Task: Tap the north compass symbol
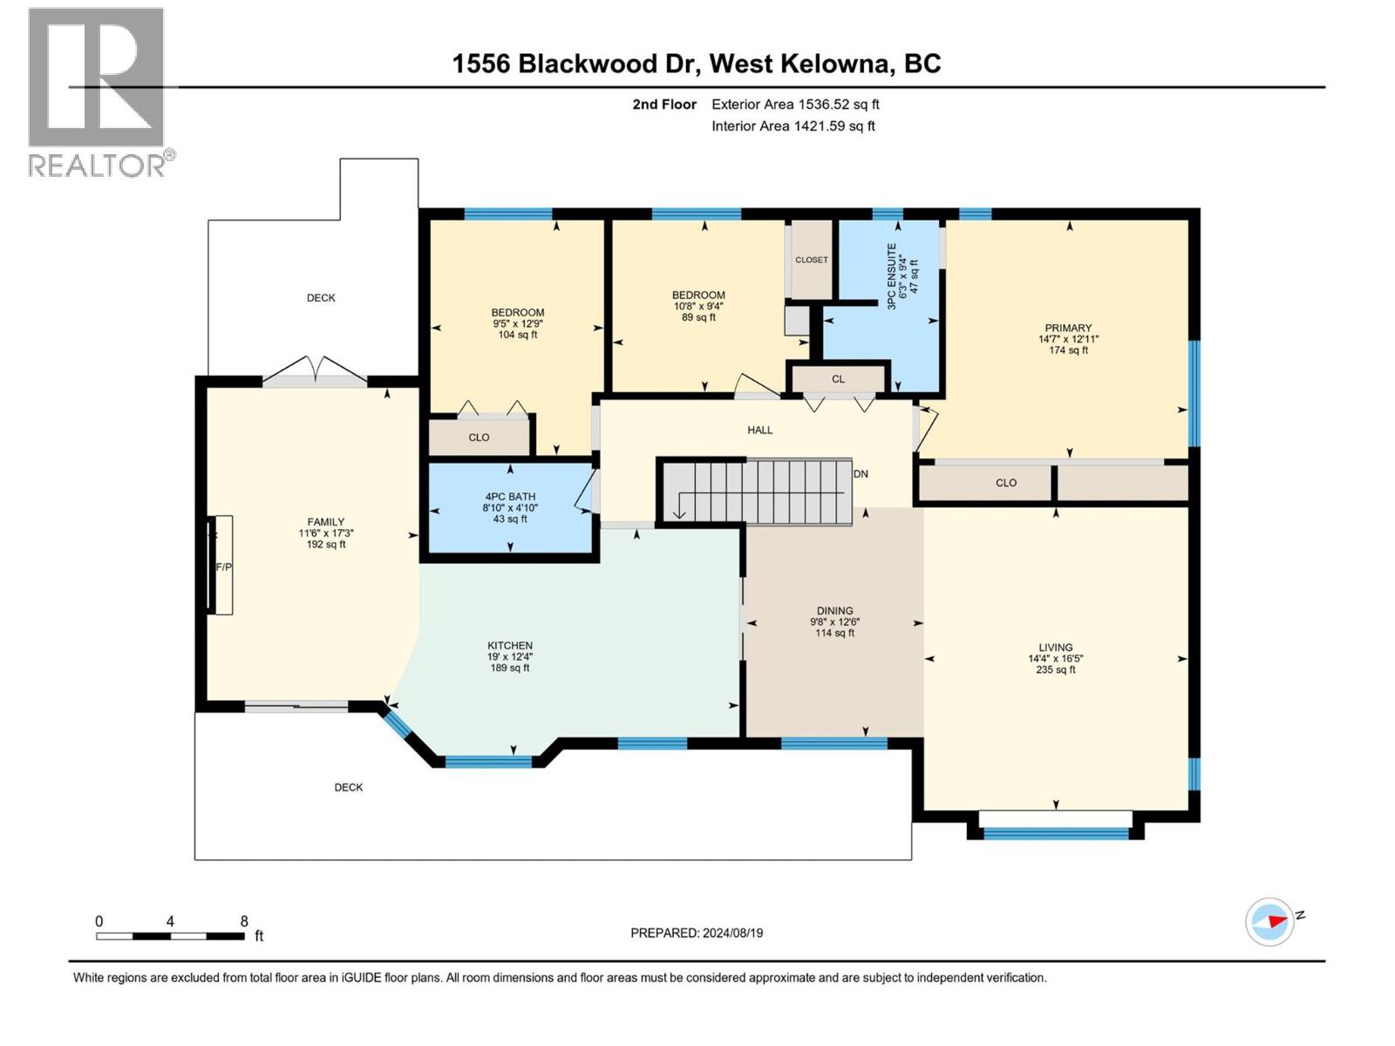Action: click(1271, 921)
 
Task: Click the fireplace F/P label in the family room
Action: click(223, 567)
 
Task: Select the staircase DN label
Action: click(861, 474)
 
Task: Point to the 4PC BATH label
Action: click(510, 497)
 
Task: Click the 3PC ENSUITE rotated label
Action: click(892, 276)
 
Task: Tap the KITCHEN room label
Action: click(510, 646)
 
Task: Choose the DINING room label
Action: click(835, 611)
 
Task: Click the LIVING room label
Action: click(1056, 648)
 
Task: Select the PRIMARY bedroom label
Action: click(1068, 329)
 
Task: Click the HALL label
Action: click(760, 430)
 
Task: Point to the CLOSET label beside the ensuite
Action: click(812, 260)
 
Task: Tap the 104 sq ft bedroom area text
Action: click(518, 335)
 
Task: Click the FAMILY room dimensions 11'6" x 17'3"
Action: click(326, 533)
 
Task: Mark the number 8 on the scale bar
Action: click(244, 921)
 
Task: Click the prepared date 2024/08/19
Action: click(731, 933)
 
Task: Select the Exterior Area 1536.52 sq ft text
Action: click(795, 105)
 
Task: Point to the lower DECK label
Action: click(349, 787)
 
